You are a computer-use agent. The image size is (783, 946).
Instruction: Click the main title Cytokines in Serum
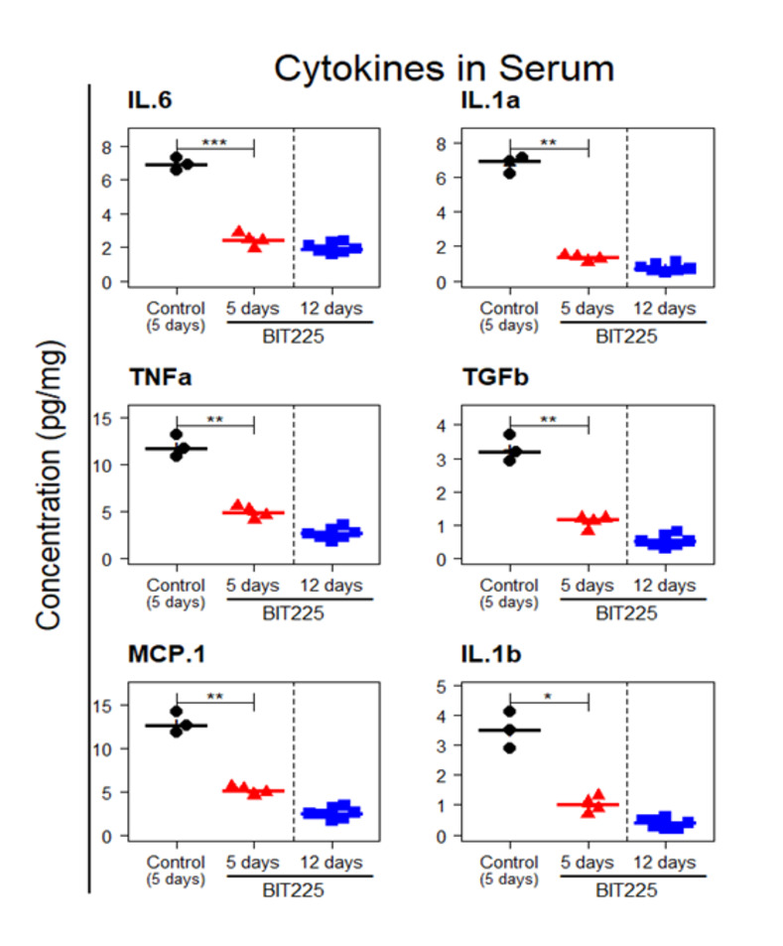click(x=444, y=69)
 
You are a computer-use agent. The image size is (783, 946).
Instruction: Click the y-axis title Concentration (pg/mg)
click(x=51, y=485)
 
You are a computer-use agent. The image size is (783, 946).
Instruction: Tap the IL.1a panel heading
click(x=482, y=101)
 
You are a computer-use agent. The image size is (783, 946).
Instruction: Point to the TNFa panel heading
click(x=151, y=378)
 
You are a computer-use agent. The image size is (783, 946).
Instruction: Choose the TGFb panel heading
click(x=486, y=378)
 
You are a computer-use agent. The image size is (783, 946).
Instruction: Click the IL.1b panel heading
click(x=482, y=656)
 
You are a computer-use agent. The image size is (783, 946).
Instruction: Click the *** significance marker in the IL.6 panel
click(x=214, y=143)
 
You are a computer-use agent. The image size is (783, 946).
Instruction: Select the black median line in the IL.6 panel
click(x=177, y=165)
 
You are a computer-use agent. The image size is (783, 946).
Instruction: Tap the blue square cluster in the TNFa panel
click(x=330, y=533)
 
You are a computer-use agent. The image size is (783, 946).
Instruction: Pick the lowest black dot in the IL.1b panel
click(x=510, y=747)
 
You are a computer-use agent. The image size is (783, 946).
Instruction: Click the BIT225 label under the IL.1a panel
click(x=625, y=336)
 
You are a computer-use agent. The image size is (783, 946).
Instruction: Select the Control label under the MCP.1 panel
click(x=176, y=862)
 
